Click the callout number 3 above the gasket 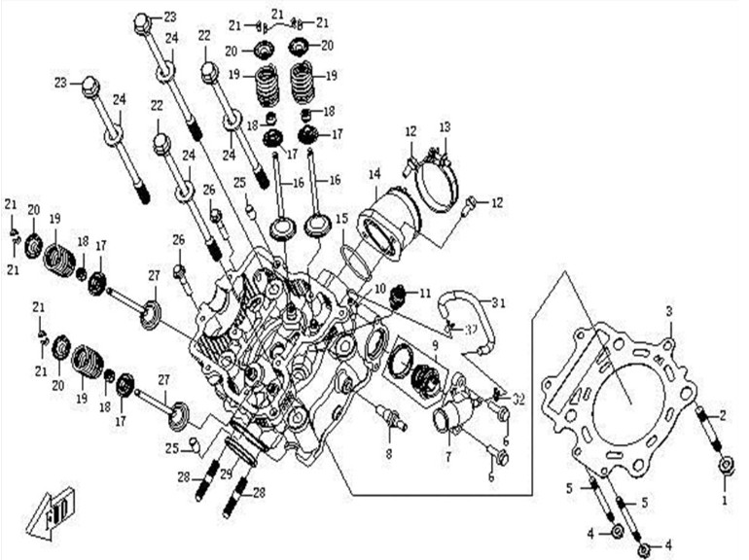click(668, 310)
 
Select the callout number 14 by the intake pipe click(374, 174)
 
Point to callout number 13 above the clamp click(445, 127)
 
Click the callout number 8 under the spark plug click(388, 452)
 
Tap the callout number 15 click(341, 218)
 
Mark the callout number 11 click(424, 294)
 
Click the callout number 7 click(448, 454)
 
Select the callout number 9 click(436, 343)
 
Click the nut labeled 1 click(726, 467)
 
